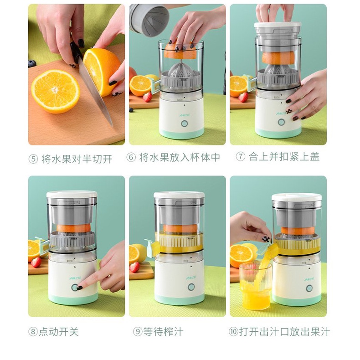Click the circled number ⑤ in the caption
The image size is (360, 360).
click(33, 159)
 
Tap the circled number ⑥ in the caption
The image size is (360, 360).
click(131, 157)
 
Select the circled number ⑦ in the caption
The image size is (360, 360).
click(241, 157)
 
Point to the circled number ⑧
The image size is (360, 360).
click(33, 332)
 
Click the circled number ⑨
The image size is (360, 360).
click(138, 332)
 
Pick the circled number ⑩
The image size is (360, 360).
click(233, 332)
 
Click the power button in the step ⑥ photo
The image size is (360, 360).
click(185, 123)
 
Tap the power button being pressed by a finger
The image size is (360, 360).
click(75, 287)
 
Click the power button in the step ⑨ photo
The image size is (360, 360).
click(191, 287)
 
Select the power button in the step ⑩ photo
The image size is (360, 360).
click(309, 288)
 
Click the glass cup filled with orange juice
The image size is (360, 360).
click(255, 286)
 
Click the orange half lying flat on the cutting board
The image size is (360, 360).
click(56, 92)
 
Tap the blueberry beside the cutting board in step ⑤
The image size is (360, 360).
click(32, 64)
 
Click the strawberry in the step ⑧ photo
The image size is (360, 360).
click(36, 262)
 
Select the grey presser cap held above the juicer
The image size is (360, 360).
click(149, 20)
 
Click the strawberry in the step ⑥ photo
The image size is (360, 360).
click(147, 97)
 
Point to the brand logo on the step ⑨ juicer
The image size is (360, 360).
click(191, 278)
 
